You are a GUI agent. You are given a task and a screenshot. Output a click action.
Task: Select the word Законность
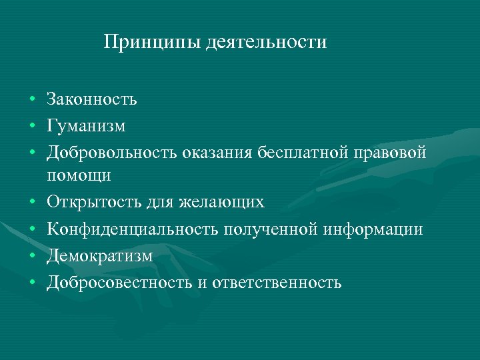pyautogui.click(x=92, y=100)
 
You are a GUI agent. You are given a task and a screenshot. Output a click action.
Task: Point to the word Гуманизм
pyautogui.click(x=86, y=125)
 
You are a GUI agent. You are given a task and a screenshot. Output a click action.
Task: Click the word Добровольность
pyautogui.click(x=110, y=151)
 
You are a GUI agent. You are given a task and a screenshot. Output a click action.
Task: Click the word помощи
pyautogui.click(x=79, y=175)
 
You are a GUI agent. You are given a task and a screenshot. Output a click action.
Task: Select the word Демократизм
pyautogui.click(x=100, y=256)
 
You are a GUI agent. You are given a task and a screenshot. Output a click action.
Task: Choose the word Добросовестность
pyautogui.click(x=119, y=283)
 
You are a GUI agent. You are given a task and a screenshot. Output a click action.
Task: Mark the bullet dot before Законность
pyautogui.click(x=32, y=101)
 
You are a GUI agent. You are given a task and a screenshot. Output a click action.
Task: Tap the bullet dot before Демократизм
pyautogui.click(x=32, y=257)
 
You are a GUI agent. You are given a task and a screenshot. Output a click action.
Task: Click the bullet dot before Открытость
pyautogui.click(x=32, y=202)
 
